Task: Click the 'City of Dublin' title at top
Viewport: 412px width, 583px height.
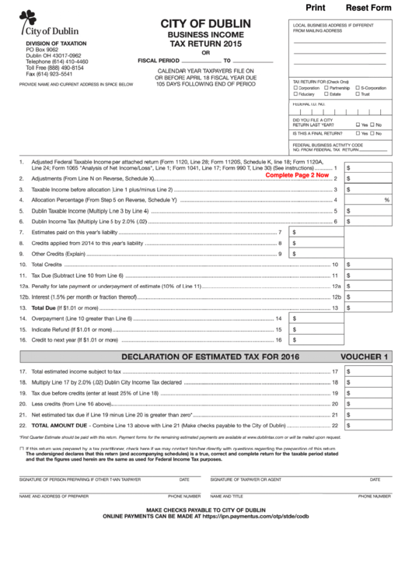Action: pos(205,24)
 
